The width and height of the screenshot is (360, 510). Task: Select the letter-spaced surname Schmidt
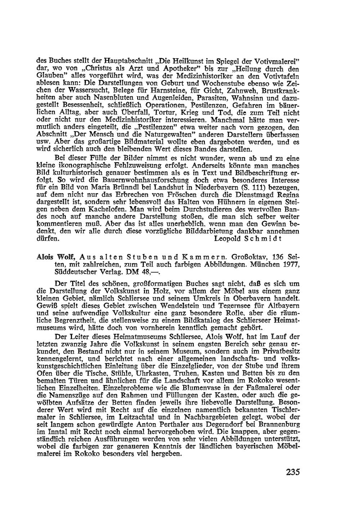[x=264, y=238]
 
